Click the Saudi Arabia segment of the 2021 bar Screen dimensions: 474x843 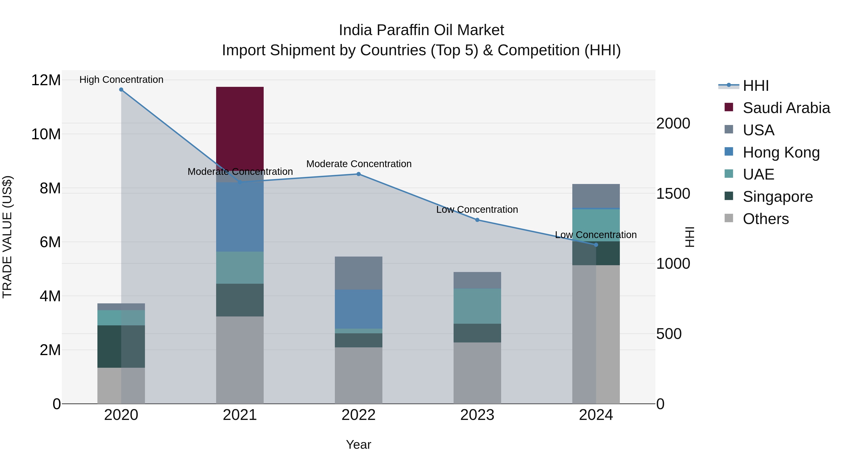240,128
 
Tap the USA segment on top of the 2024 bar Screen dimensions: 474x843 596,196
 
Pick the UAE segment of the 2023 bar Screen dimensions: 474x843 477,306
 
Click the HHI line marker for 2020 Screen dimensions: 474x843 121,90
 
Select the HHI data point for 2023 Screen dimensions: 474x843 477,220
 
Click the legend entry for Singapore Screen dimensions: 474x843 777,197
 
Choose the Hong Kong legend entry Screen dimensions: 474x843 781,152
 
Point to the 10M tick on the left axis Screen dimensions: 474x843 46,134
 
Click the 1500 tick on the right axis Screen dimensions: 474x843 673,194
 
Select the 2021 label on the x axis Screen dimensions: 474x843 240,415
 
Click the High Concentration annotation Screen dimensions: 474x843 121,80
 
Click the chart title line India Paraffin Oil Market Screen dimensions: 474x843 421,30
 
